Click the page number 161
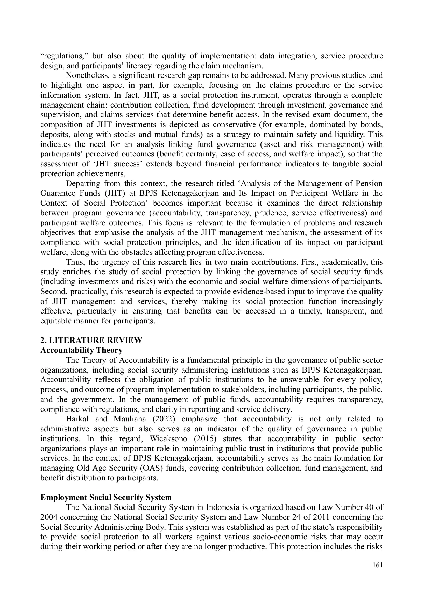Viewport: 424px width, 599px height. tap(378, 565)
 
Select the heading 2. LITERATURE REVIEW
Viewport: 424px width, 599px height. tap(91, 340)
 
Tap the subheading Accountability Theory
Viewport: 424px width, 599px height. tap(81, 350)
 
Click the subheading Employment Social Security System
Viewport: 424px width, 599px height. tap(106, 497)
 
